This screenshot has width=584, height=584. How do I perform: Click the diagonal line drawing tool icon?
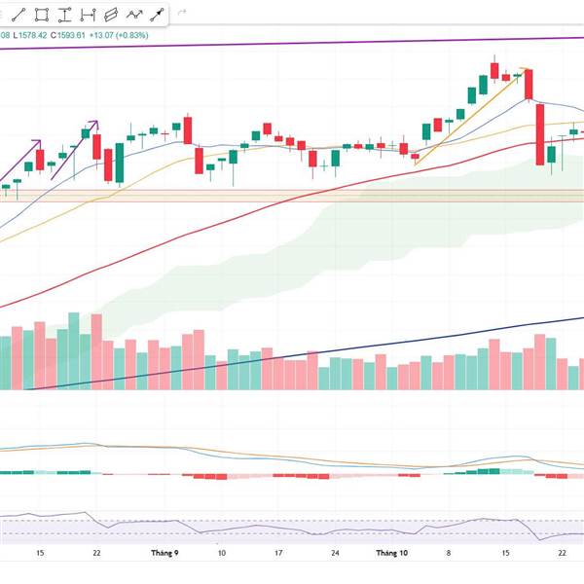click(x=19, y=15)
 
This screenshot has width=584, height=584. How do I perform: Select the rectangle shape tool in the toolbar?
click(x=42, y=15)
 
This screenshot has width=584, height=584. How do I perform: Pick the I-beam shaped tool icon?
click(x=65, y=15)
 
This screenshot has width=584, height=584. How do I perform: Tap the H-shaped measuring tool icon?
click(x=89, y=15)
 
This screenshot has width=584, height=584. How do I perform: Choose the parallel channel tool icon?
click(x=111, y=15)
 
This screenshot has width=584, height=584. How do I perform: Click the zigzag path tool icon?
click(x=134, y=15)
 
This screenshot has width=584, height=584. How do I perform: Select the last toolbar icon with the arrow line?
click(x=157, y=15)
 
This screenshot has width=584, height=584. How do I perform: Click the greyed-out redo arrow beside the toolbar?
click(x=182, y=15)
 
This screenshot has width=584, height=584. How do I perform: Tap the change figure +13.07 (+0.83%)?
click(x=149, y=36)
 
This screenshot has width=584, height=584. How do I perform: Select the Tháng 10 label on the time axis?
click(x=392, y=552)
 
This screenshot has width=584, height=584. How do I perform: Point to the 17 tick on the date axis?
click(x=278, y=552)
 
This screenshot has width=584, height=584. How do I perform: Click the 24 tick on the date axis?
click(x=335, y=552)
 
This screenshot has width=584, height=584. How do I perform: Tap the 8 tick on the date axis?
click(x=449, y=552)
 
